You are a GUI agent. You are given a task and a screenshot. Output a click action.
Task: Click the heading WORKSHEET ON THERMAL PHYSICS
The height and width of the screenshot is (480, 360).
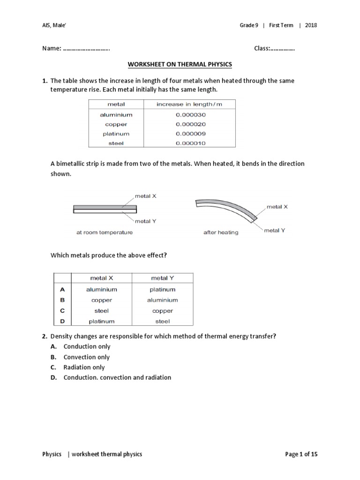tap(180, 64)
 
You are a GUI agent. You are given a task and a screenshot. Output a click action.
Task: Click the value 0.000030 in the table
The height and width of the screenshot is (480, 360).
tap(190, 115)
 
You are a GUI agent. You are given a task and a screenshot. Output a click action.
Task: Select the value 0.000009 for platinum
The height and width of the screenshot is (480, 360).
tap(190, 134)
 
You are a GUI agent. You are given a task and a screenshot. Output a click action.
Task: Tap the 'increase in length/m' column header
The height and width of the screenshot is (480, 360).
tap(190, 105)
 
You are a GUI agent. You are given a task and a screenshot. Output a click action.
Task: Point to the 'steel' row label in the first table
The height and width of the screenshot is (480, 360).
tap(116, 143)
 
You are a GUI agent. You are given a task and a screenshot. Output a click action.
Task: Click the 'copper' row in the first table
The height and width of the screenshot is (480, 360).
tap(116, 124)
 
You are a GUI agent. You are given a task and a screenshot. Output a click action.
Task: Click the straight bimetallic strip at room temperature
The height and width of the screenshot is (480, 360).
tap(105, 209)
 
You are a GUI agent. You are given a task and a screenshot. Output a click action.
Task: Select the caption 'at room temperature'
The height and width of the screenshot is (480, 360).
tap(104, 232)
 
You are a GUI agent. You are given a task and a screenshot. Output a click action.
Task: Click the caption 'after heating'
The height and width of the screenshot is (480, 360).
tap(221, 232)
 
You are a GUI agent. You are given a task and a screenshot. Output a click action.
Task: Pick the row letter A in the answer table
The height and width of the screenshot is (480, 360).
tap(62, 290)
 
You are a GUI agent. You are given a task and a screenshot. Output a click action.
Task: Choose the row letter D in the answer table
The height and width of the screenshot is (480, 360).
tap(62, 321)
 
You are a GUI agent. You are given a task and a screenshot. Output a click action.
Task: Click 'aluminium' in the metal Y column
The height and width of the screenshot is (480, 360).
tap(163, 300)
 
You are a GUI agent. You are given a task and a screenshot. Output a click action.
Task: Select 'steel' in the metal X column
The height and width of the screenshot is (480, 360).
tap(101, 311)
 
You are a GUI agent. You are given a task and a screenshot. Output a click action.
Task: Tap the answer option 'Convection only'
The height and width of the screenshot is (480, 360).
tap(87, 357)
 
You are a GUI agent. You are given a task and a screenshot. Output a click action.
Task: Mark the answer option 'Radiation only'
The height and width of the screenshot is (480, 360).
tap(84, 367)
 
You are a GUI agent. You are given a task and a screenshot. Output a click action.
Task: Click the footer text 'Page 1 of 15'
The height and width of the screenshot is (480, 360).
tap(301, 454)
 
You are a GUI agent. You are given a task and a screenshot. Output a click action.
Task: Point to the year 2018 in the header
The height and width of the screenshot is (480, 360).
tap(311, 25)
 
